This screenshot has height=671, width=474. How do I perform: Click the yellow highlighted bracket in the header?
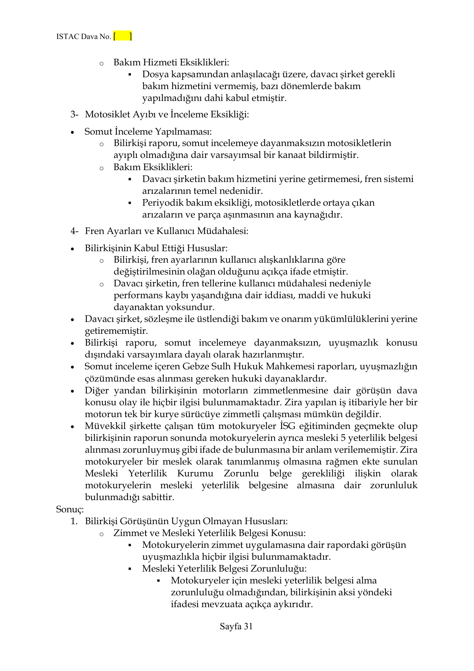(x=123, y=36)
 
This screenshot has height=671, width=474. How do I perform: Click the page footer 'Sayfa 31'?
(x=236, y=626)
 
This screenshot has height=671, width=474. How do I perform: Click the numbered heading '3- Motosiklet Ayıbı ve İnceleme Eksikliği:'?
(x=159, y=114)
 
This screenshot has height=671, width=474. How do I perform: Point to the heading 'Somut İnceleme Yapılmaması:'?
(x=148, y=132)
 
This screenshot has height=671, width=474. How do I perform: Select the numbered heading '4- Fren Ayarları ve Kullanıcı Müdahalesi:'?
(x=159, y=231)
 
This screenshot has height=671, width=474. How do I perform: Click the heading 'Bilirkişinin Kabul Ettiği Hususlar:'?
(x=156, y=248)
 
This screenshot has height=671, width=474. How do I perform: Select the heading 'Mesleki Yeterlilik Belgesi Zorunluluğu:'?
(x=225, y=569)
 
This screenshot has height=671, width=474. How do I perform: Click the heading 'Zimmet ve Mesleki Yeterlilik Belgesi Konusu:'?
(x=209, y=533)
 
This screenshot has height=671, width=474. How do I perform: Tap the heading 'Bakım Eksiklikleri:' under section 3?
(x=153, y=167)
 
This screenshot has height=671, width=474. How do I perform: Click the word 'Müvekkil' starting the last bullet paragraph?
(x=102, y=426)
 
